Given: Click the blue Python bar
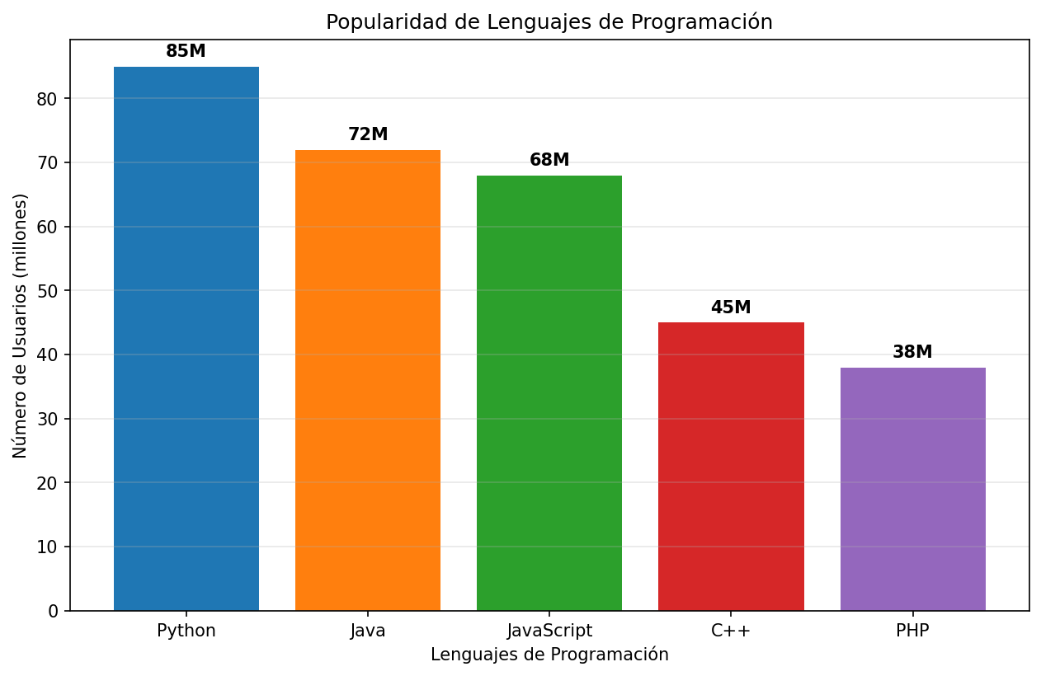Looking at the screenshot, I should (x=186, y=338).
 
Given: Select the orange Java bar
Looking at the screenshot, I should (x=368, y=380).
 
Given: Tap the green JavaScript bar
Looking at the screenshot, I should (x=549, y=392).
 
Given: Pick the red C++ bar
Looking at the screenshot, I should (x=731, y=466).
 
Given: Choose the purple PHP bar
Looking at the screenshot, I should (x=912, y=489).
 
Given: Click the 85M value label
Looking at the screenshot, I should (x=186, y=51).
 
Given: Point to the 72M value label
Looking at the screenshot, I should (x=368, y=134).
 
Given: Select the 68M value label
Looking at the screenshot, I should (x=549, y=160).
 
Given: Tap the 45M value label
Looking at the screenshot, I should (x=731, y=307).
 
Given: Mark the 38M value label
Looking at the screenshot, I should (x=912, y=352).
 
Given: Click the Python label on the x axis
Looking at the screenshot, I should (x=186, y=631).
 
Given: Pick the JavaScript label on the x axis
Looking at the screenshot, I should (x=549, y=631).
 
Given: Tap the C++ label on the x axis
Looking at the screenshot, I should (x=731, y=631).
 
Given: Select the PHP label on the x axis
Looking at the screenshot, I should (x=912, y=631).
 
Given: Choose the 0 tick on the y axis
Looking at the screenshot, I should (x=54, y=611).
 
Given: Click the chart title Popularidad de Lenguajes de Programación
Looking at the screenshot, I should (x=549, y=22).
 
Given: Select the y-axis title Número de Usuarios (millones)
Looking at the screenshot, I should (x=21, y=326).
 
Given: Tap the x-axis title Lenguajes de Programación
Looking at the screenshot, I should (x=549, y=655).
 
